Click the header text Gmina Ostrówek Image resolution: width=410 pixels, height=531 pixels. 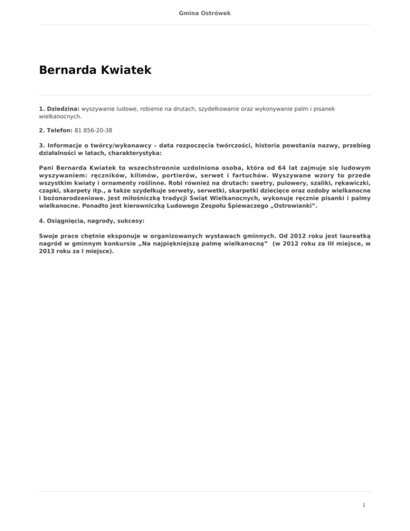pyautogui.click(x=205, y=13)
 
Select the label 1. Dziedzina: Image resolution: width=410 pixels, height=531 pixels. pyautogui.click(x=59, y=108)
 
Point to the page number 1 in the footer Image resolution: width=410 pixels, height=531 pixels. pyautogui.click(x=363, y=504)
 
